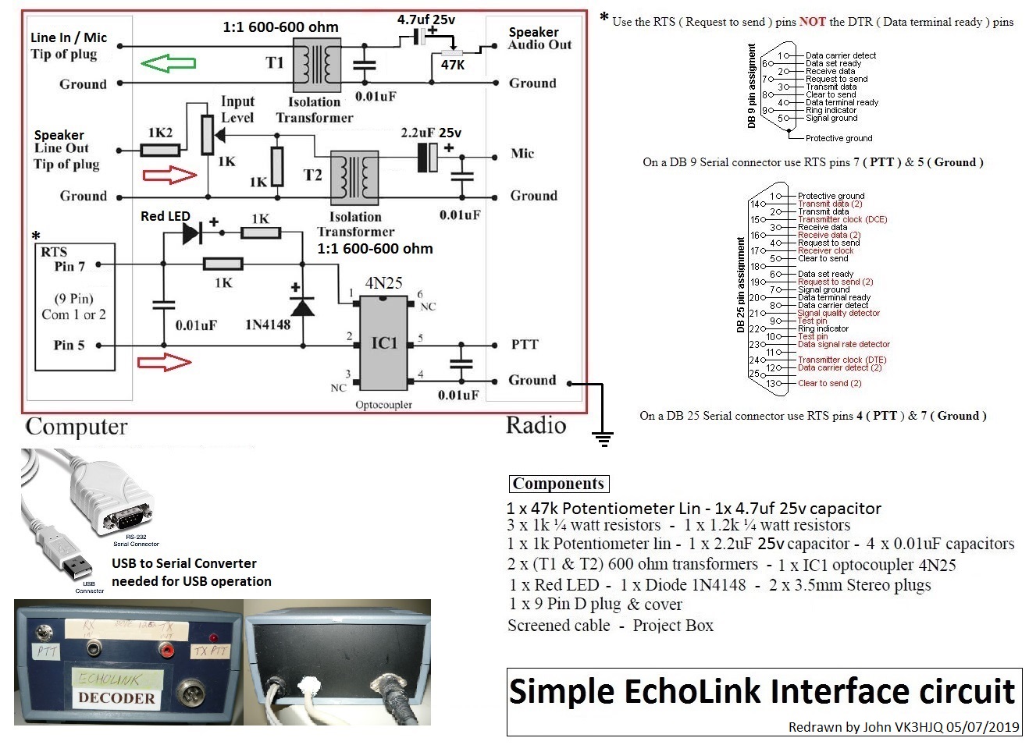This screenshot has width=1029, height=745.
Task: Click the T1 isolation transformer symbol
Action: tap(316, 65)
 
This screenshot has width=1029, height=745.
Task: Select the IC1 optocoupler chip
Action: tap(383, 342)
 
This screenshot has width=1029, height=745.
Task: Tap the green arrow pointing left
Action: tap(168, 63)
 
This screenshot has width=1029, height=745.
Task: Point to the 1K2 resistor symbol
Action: tap(160, 150)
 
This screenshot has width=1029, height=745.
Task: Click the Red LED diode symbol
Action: tap(191, 232)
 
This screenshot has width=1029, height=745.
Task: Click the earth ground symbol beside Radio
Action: tap(602, 438)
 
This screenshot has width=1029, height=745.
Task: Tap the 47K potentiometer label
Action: tap(454, 66)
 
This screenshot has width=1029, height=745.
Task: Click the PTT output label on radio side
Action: tap(525, 344)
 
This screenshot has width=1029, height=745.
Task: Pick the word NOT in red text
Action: tap(812, 22)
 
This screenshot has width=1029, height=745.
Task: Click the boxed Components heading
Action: tap(558, 484)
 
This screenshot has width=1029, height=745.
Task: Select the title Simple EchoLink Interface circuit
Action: tap(762, 691)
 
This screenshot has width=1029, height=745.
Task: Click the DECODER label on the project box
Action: tap(116, 698)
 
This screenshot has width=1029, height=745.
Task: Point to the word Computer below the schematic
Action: tap(77, 427)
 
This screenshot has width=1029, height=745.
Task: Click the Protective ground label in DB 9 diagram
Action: tap(839, 138)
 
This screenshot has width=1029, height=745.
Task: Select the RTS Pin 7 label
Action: tap(62, 259)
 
